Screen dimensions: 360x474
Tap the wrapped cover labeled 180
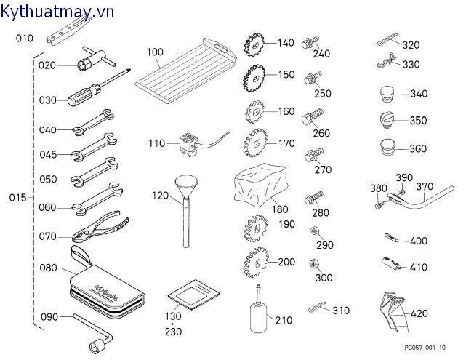tap(259, 183)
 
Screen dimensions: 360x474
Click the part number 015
tap(17, 198)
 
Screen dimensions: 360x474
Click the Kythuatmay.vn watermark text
tap(59, 11)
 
